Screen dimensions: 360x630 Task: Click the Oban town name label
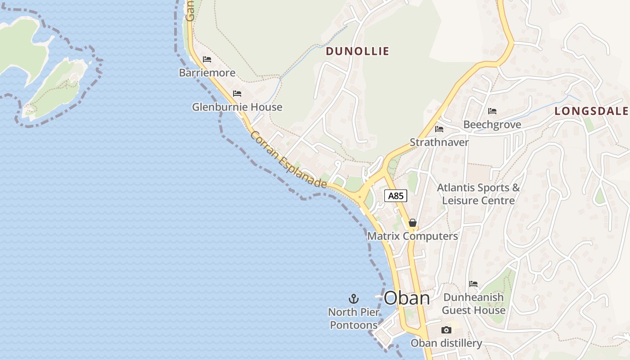coord(407,298)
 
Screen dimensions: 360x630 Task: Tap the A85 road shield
coord(396,196)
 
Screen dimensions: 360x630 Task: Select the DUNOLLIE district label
coord(357,51)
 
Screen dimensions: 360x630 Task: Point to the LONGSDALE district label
coord(591,111)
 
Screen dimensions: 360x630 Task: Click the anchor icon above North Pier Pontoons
coord(354,298)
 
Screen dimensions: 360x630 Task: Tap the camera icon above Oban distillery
coord(446,330)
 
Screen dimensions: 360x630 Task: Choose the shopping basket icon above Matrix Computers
coord(413,223)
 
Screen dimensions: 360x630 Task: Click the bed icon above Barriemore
coord(207,59)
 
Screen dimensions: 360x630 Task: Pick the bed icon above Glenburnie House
coord(237,94)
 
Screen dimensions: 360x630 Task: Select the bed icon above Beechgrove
coord(492,111)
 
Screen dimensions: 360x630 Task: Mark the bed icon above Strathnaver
coord(439,129)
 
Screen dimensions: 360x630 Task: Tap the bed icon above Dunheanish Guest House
coord(473,284)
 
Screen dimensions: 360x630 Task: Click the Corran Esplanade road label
coord(288,160)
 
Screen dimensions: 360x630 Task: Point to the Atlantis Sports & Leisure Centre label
coord(478,194)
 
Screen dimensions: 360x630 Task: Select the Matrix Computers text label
coord(413,236)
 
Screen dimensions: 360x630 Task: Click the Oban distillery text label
coord(446,343)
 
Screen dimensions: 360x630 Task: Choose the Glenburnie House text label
coord(237,107)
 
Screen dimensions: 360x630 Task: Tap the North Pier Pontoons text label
coord(354,319)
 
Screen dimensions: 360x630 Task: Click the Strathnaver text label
coord(439,143)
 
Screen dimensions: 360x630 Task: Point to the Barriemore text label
coord(207,73)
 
